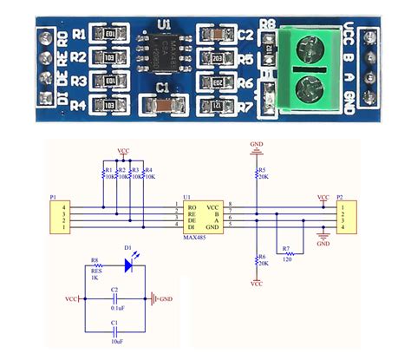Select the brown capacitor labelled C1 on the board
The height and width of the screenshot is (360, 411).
(163, 106)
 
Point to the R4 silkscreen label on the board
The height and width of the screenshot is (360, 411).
(79, 107)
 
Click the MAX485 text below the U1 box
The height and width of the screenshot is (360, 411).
(194, 239)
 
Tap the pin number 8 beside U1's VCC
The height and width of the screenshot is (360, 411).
(230, 202)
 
